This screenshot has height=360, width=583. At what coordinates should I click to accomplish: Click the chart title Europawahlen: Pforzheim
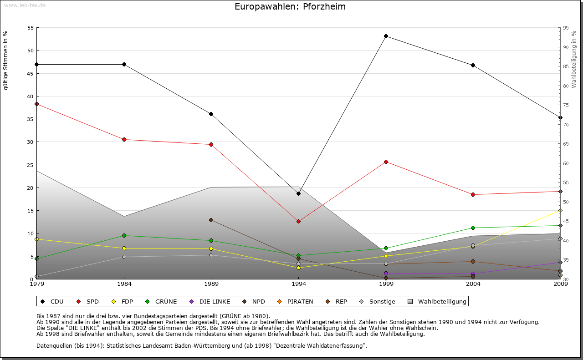[x=290, y=6]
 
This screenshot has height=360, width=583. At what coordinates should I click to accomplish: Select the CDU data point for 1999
[x=386, y=36]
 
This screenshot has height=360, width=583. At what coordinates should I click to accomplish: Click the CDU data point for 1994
[x=298, y=193]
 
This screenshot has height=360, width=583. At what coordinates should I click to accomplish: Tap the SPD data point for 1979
[x=36, y=104]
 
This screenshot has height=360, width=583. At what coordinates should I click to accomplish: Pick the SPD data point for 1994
[x=298, y=221]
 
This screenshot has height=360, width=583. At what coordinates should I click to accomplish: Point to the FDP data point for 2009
[x=560, y=210]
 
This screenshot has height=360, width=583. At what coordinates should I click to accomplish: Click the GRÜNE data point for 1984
[x=124, y=235]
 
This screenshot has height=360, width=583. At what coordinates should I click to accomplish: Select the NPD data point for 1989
[x=211, y=220]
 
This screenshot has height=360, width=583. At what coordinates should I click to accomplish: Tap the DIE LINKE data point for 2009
[x=560, y=262]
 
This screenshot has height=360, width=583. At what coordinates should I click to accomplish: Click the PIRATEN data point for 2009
[x=560, y=275]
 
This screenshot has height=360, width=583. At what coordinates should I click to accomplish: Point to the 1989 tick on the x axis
[x=211, y=284]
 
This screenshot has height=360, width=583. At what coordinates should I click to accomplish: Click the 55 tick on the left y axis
[x=31, y=28]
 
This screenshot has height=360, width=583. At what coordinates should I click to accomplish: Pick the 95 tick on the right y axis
[x=565, y=28]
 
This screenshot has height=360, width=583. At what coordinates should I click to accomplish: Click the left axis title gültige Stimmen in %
[x=6, y=60]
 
